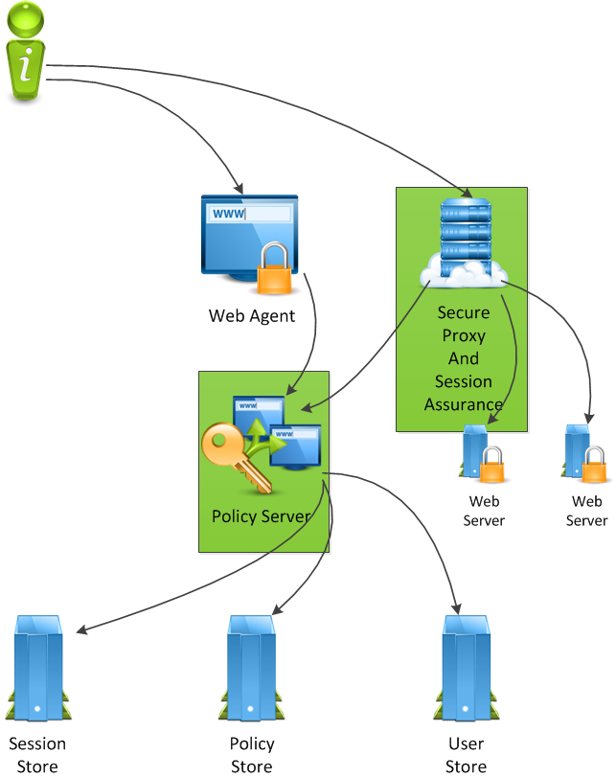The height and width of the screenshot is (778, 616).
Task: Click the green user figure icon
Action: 28,52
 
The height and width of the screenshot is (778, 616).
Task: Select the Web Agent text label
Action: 252,315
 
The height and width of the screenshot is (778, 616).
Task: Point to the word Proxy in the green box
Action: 464,335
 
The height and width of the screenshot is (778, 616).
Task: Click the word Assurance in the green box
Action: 464,404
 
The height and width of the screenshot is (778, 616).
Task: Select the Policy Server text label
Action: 262,516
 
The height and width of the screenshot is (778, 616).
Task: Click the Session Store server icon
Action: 36,668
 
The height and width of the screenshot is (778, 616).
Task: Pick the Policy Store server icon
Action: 251,668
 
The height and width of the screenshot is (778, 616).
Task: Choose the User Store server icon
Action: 466,668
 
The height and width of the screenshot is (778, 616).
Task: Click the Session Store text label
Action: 37,755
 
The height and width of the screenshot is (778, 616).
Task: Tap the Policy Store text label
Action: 252,755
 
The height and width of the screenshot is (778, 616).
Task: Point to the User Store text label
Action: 467,755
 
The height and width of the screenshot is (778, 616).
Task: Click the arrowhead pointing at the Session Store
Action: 81,630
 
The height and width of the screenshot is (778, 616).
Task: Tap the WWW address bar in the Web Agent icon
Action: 250,214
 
